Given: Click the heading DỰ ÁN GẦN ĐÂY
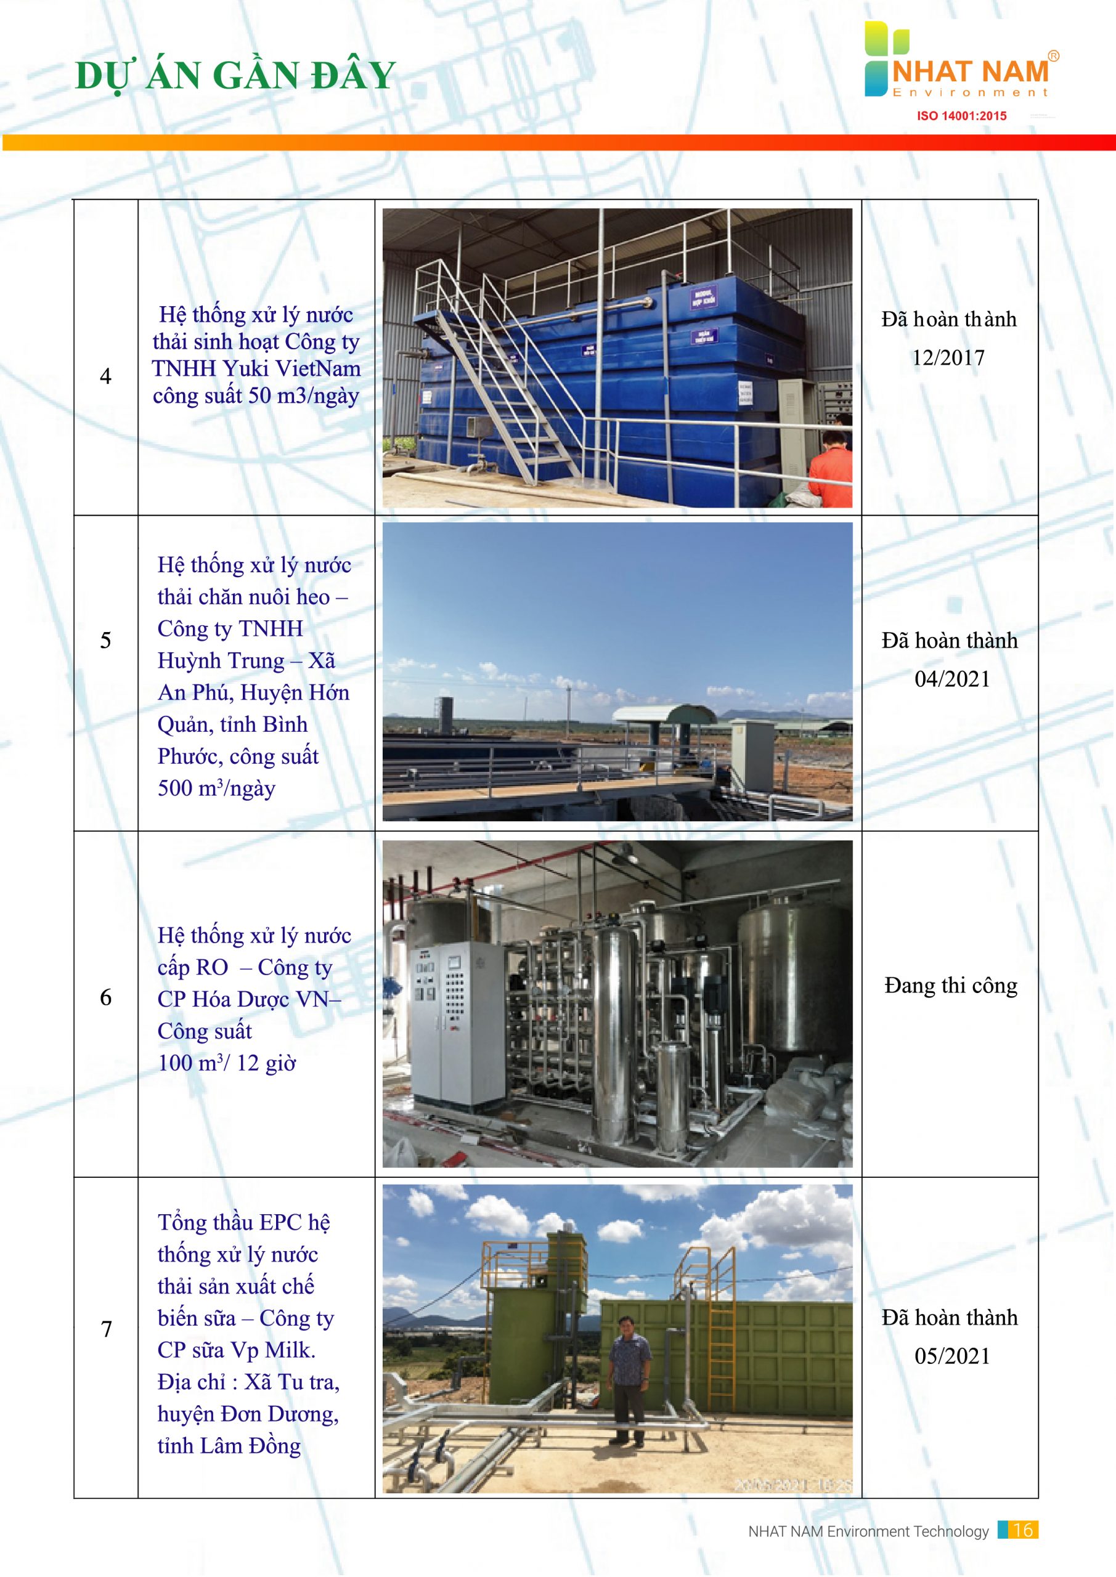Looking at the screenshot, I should tap(235, 76).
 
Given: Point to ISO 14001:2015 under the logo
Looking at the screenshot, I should tap(961, 116).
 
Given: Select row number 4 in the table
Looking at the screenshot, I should tap(106, 376).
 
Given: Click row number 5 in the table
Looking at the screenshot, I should tap(106, 640).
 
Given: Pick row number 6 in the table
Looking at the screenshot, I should tap(106, 997).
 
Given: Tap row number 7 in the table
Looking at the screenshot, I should tap(107, 1329).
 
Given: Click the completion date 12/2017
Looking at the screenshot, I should tap(948, 358).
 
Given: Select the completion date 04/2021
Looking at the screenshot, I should tap(951, 679).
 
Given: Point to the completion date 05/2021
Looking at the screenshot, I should tap(951, 1356).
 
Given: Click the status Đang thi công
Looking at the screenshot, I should tap(950, 986).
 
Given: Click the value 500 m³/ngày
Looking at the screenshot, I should tap(216, 788).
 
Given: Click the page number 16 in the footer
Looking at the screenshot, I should tap(1022, 1530).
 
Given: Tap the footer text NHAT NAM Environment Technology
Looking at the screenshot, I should tap(868, 1531).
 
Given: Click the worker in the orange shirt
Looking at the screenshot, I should tap(832, 467).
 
